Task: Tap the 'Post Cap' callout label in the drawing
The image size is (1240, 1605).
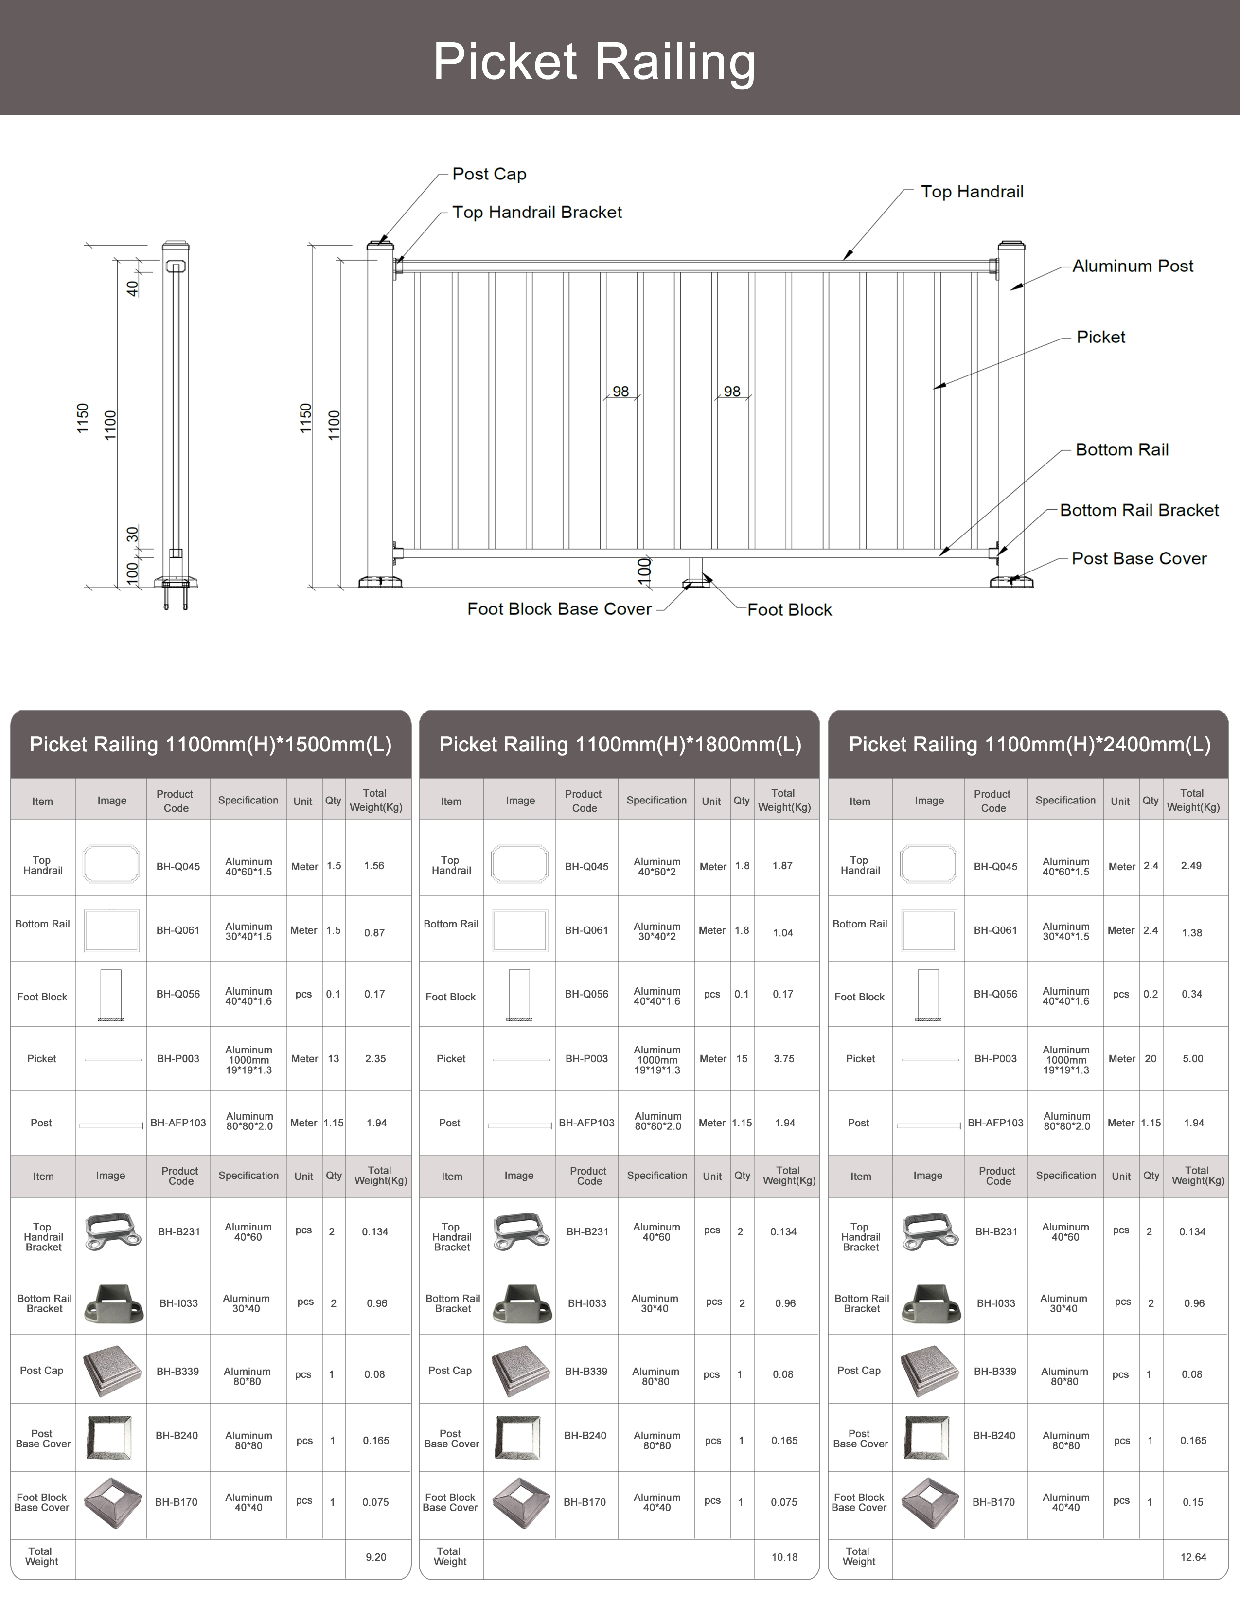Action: [x=489, y=174]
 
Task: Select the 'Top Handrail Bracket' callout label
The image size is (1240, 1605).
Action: [x=537, y=213]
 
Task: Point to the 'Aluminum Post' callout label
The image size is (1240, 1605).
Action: [x=1132, y=266]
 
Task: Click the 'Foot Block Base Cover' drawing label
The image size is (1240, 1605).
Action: [x=559, y=609]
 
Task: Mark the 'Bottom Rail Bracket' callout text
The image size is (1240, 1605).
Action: [x=1139, y=510]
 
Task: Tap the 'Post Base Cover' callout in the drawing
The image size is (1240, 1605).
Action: [x=1139, y=558]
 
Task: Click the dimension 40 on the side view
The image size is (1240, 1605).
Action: [x=133, y=288]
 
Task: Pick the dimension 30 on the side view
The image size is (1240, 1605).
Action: [x=133, y=534]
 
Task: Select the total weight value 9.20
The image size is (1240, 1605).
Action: [x=375, y=1556]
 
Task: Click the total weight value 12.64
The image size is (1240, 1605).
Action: [x=1193, y=1556]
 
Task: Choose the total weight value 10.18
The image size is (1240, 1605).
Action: [x=784, y=1556]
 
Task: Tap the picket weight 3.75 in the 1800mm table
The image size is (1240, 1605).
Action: [x=784, y=1058]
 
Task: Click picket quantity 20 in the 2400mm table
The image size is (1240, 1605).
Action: [x=1151, y=1058]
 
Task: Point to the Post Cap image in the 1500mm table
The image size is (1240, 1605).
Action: [x=112, y=1372]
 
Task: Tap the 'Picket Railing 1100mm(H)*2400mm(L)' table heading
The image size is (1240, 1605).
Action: [x=1029, y=745]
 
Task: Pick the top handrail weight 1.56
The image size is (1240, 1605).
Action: [x=374, y=866]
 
